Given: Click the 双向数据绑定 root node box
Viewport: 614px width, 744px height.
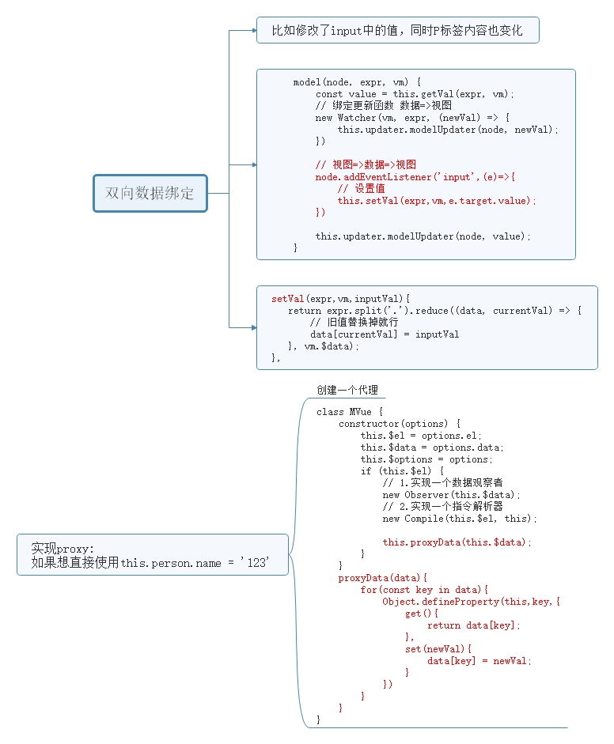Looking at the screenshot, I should coord(150,193).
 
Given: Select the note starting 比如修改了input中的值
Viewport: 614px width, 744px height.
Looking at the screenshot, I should coord(397,30).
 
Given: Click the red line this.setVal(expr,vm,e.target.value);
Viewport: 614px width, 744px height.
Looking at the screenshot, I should coord(437,201).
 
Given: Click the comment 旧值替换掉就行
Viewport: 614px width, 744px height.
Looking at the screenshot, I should coord(354,323).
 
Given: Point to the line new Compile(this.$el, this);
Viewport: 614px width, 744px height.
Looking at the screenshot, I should coord(460,519).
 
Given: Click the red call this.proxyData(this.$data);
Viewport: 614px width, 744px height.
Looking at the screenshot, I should coord(457,542).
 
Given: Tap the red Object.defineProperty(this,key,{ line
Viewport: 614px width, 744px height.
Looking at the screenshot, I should coord(471,602).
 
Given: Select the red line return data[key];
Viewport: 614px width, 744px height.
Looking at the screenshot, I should coord(474,625).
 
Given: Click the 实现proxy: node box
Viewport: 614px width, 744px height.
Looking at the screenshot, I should coord(152,556).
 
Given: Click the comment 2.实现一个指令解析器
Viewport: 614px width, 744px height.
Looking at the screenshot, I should coord(442,507).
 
